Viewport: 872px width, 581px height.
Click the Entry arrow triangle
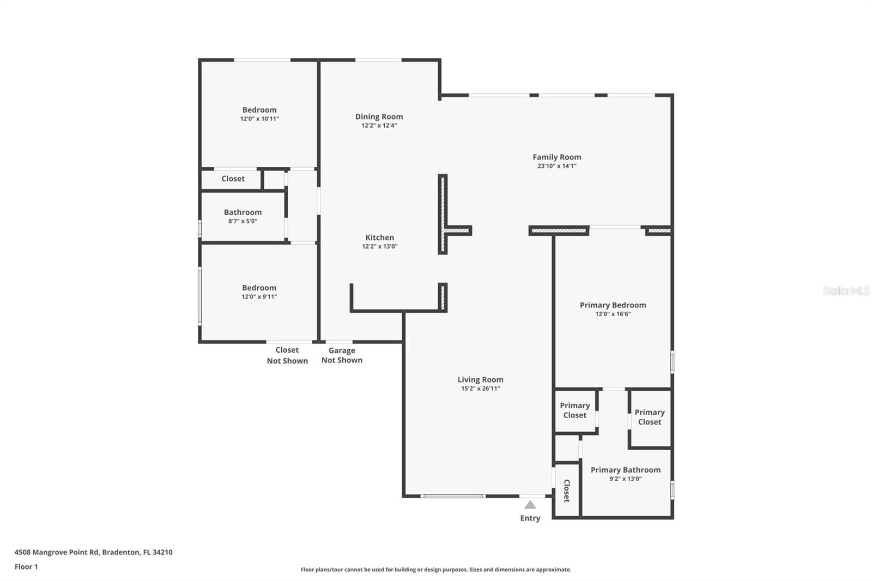(x=530, y=505)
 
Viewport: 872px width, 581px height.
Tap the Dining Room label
(x=379, y=117)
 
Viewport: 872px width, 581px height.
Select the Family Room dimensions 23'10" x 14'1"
(x=556, y=166)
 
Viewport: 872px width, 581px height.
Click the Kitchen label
(x=379, y=238)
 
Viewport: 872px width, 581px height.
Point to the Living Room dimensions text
(x=480, y=388)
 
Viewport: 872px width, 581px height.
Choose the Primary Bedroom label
(x=613, y=305)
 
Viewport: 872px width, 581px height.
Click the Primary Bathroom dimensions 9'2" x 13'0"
(x=625, y=479)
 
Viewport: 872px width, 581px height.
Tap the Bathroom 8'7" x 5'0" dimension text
(x=243, y=221)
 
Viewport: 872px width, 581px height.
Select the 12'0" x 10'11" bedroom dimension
(x=259, y=119)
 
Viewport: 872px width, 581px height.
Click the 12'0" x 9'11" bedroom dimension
(x=259, y=296)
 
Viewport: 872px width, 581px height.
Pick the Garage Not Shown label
(x=342, y=355)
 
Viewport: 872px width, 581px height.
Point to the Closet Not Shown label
(x=287, y=355)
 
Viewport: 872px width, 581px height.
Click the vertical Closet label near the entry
(x=567, y=491)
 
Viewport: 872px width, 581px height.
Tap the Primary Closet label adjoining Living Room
(x=574, y=410)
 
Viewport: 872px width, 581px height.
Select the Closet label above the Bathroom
(x=233, y=179)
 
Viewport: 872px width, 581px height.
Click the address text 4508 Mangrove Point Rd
(x=57, y=552)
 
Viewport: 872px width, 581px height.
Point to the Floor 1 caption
(x=26, y=567)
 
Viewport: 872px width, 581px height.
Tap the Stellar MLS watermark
(x=845, y=290)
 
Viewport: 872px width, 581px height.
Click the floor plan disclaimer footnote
(x=435, y=570)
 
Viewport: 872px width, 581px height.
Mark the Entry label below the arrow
(x=530, y=518)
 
